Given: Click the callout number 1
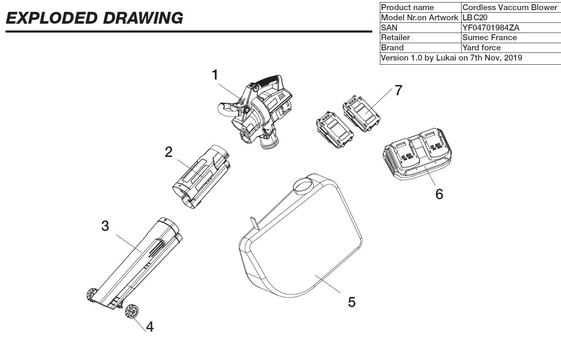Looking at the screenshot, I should pyautogui.click(x=215, y=75).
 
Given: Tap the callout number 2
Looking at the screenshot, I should pyautogui.click(x=169, y=152).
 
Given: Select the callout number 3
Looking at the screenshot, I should pyautogui.click(x=105, y=226).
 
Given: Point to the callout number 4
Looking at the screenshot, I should pyautogui.click(x=150, y=327).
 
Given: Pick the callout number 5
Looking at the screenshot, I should pyautogui.click(x=352, y=302).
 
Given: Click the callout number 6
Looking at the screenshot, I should pyautogui.click(x=439, y=194).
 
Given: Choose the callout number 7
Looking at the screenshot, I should pyautogui.click(x=398, y=90).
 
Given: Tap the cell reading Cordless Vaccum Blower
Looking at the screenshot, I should pyautogui.click(x=510, y=7).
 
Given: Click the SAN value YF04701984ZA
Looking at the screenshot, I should pyautogui.click(x=491, y=27).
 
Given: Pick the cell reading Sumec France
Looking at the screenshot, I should pyautogui.click(x=489, y=38).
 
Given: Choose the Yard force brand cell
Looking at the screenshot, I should pyautogui.click(x=481, y=48).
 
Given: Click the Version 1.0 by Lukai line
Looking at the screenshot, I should pyautogui.click(x=451, y=58).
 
